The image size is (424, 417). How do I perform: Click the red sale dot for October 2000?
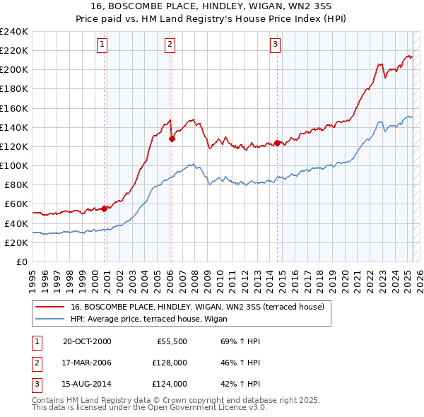[105, 208]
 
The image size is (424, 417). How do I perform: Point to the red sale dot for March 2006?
[172, 139]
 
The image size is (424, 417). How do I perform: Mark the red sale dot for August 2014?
[277, 142]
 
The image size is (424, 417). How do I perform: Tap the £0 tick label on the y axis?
[21, 262]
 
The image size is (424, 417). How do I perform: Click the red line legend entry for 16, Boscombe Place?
[197, 307]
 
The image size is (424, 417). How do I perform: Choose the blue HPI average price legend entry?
[170, 319]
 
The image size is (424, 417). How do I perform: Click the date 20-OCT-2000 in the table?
[87, 341]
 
